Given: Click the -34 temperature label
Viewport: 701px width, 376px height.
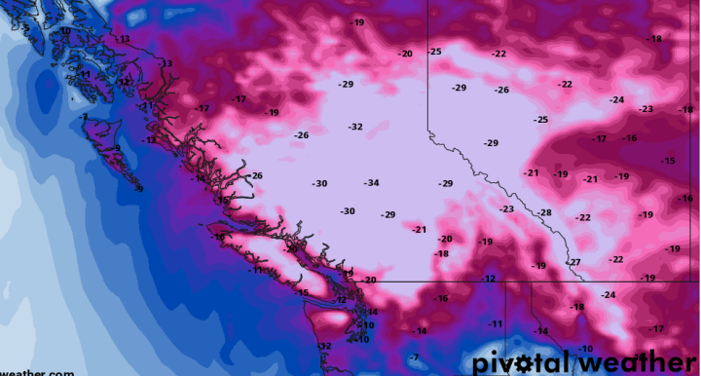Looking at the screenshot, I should coord(371,183).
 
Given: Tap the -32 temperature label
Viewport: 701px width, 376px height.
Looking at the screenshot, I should coord(355,127).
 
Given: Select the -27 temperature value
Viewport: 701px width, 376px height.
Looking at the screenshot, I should coord(574,262).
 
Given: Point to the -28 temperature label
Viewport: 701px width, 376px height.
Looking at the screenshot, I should coord(544,212).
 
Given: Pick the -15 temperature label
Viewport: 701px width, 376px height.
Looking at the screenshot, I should coord(668,161).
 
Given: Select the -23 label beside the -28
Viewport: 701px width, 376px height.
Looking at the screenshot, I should coord(506,209).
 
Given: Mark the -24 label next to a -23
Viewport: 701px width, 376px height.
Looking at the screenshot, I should coord(616,100).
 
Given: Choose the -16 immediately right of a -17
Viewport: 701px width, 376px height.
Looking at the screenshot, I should coord(630,138).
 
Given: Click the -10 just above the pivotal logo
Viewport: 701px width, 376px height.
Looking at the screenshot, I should coord(585,349).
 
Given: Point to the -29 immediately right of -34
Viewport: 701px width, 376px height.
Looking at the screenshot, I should coord(446,183).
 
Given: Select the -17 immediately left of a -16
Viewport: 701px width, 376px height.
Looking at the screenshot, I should coord(601,139).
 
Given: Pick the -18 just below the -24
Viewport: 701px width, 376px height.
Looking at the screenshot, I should coord(577,307).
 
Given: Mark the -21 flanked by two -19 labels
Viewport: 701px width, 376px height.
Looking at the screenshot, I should coord(591,179).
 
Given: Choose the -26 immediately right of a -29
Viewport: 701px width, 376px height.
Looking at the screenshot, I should coord(501,90).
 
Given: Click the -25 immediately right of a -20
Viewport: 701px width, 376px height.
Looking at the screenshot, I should coord(434,52).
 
